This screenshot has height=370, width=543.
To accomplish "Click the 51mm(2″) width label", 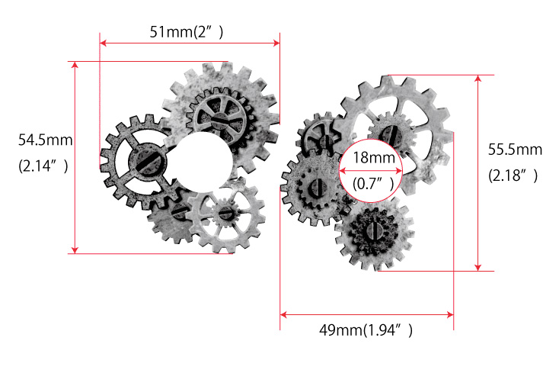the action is (x=187, y=32).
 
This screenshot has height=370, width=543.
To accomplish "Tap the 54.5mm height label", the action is (x=46, y=140).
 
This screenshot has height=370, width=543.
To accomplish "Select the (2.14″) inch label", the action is (x=43, y=166).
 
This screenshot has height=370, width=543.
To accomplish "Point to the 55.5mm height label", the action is (x=515, y=150).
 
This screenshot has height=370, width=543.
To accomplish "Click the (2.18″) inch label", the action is (x=513, y=175).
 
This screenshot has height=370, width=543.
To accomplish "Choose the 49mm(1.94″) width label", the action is (x=366, y=330).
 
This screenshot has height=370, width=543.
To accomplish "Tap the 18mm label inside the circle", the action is (x=374, y=158).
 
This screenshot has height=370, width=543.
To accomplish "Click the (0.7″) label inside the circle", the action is (x=373, y=183).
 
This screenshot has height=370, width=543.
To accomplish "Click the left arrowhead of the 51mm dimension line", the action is (x=103, y=43).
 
